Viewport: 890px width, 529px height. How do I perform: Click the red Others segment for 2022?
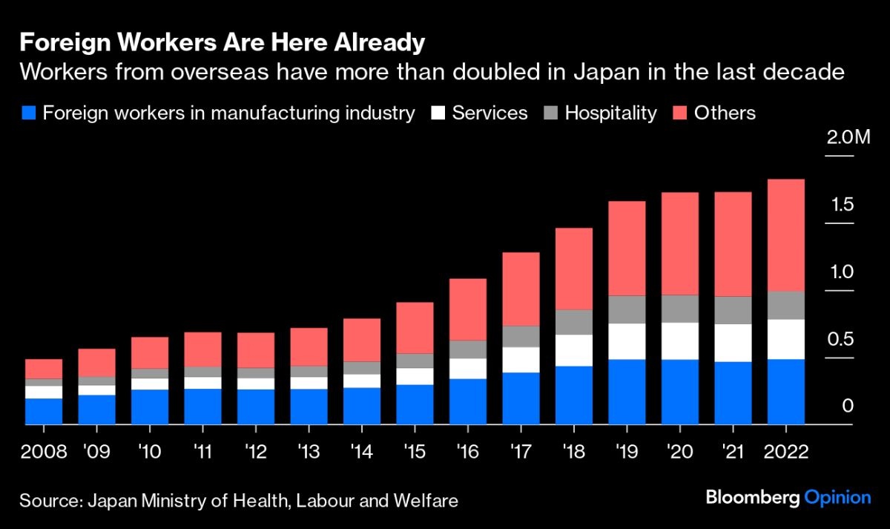[x=785, y=235]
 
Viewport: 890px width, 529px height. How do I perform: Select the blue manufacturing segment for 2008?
[x=44, y=411]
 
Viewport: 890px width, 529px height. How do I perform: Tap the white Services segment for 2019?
[x=627, y=341]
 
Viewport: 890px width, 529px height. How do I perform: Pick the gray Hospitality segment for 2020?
[x=680, y=309]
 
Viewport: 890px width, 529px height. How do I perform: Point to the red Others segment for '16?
[x=468, y=309]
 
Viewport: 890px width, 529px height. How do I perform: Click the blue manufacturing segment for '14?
[x=362, y=406]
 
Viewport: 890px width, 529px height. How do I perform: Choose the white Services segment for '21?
[x=733, y=343]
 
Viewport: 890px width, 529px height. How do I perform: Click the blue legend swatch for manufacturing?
[x=29, y=114]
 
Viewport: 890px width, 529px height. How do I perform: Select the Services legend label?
[x=489, y=114]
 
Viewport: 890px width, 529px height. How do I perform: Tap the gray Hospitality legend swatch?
[x=550, y=114]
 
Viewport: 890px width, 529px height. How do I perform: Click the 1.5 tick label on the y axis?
[x=842, y=205]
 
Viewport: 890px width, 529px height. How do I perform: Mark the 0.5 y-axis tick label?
[x=841, y=340]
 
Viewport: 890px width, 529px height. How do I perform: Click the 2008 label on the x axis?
[x=44, y=451]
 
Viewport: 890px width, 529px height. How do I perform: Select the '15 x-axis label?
[x=415, y=451]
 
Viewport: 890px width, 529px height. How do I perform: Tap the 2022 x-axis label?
[x=785, y=451]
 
